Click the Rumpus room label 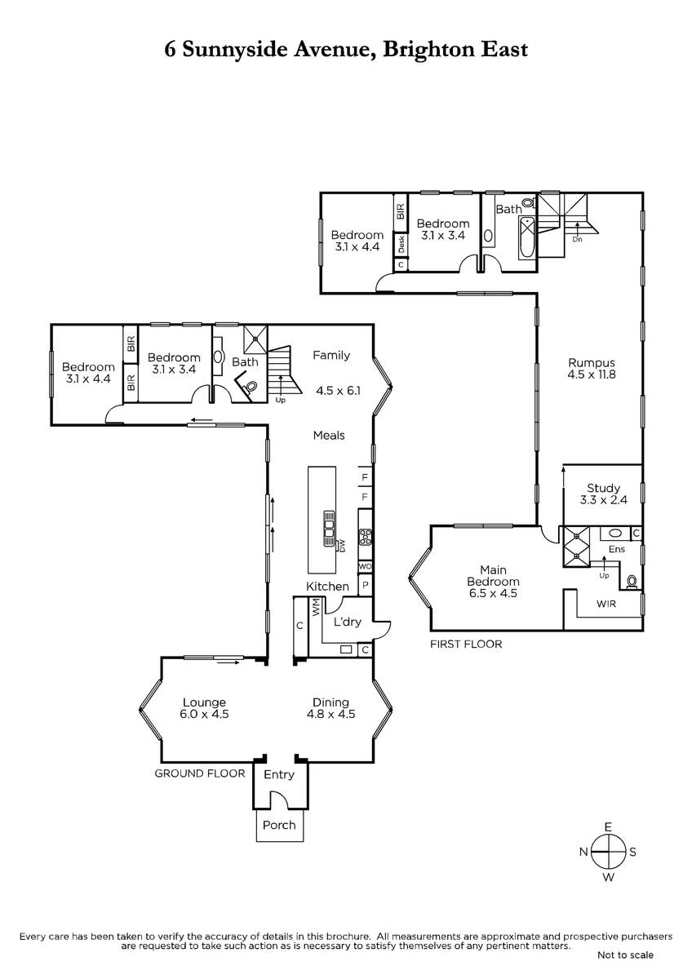tap(592, 369)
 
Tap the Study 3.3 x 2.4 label tap(603, 494)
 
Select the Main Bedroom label tap(493, 581)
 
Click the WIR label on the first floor tap(605, 604)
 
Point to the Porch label tap(279, 825)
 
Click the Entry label tap(279, 775)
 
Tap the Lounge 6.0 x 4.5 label tap(204, 708)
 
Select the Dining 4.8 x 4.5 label tap(331, 708)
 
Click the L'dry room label tap(348, 622)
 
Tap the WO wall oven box tap(365, 566)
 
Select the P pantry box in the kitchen tap(366, 585)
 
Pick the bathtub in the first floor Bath tap(527, 237)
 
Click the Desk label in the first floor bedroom tap(401, 244)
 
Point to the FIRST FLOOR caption tap(466, 644)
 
